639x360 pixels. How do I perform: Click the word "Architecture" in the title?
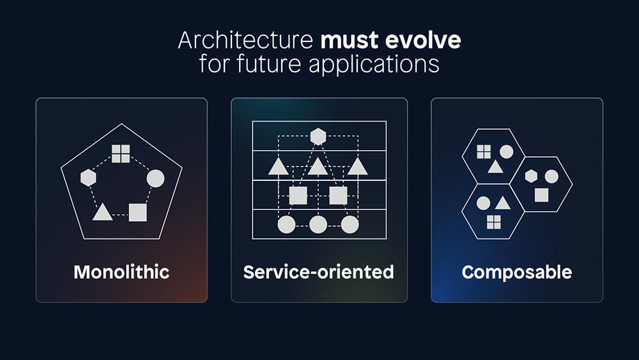[245, 40]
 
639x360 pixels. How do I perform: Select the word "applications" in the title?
[374, 65]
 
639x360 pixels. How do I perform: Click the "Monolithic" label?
[121, 272]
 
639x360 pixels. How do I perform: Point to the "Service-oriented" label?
[319, 272]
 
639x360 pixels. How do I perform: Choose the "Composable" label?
[517, 272]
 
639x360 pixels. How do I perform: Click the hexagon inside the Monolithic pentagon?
[88, 178]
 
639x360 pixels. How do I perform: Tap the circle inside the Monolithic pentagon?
[156, 178]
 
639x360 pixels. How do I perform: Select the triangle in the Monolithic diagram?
[102, 212]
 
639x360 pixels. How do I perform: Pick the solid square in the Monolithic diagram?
[138, 212]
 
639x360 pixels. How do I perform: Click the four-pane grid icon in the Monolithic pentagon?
[121, 153]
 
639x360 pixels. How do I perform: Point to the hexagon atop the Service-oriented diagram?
[318, 137]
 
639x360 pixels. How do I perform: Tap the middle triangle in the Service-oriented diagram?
[318, 166]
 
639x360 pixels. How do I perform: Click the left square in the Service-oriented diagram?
[298, 196]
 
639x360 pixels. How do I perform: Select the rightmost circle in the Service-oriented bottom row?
[350, 224]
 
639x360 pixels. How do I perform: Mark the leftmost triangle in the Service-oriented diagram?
[279, 166]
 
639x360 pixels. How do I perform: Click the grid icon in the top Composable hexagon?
[484, 152]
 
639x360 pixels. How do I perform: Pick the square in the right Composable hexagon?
[541, 195]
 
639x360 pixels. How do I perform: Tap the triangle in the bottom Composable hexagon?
[503, 203]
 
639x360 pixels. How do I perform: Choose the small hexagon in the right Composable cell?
[531, 176]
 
